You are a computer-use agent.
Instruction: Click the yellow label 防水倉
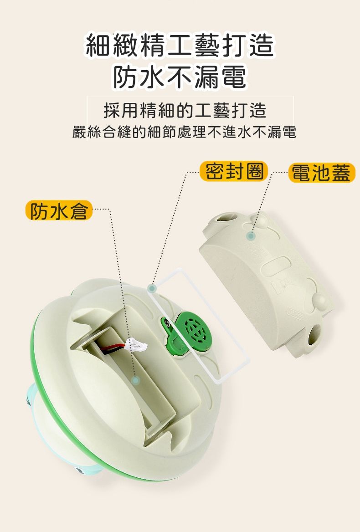click(x=58, y=210)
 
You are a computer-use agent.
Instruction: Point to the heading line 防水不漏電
click(x=180, y=76)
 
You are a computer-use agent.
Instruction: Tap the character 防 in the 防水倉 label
click(x=39, y=210)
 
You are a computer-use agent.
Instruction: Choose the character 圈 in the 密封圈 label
click(x=254, y=171)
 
